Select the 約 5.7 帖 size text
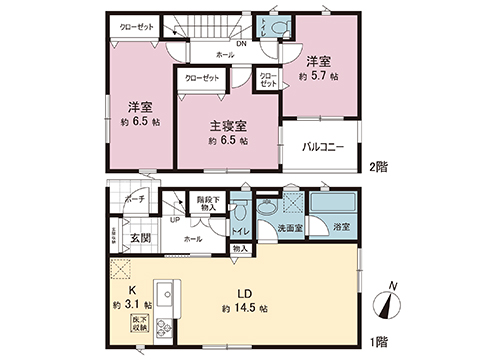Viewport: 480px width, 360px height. click(x=319, y=75)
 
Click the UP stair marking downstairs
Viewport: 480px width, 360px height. click(x=175, y=220)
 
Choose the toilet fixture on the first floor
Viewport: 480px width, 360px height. click(x=241, y=213)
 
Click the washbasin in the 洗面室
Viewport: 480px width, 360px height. click(x=268, y=210)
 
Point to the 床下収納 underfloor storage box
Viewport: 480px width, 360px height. click(x=137, y=322)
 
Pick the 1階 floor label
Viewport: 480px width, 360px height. click(x=378, y=342)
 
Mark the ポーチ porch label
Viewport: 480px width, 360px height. click(x=136, y=200)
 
